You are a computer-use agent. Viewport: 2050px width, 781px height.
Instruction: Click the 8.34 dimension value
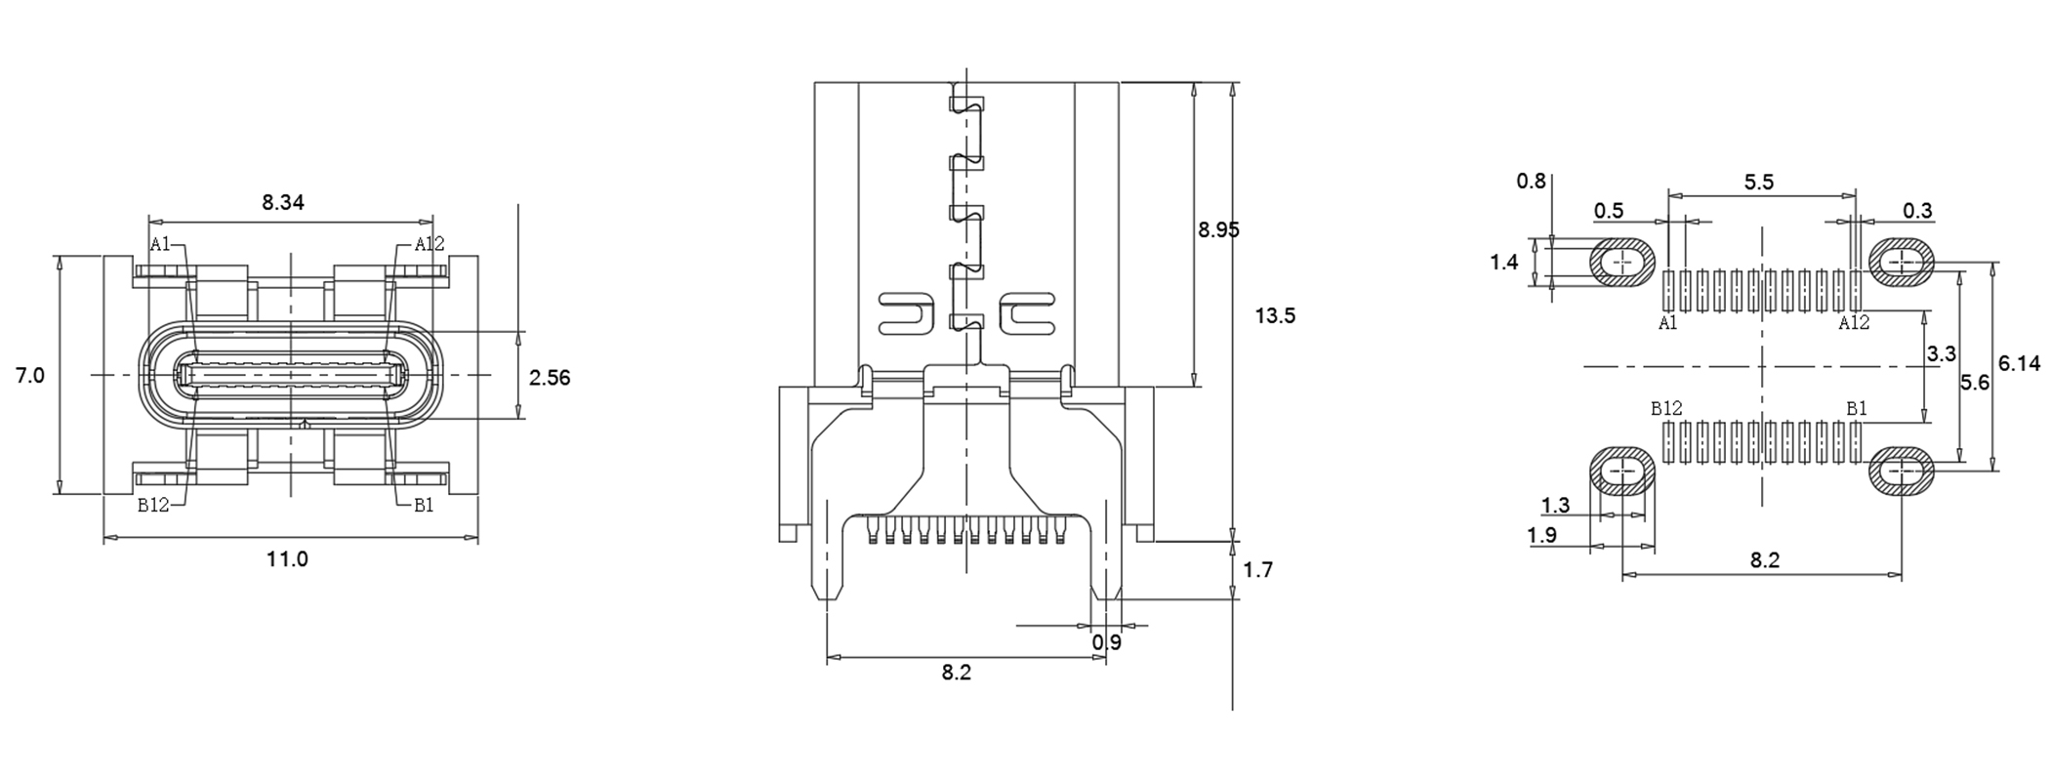(283, 203)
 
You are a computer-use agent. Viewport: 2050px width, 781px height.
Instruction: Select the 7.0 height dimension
(30, 376)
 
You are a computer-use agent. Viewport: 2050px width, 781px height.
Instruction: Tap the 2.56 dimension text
(550, 378)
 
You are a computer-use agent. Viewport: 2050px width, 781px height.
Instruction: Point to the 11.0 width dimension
(287, 559)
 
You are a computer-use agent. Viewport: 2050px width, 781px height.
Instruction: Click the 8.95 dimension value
(1219, 230)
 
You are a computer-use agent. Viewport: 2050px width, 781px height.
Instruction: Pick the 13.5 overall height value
(1275, 316)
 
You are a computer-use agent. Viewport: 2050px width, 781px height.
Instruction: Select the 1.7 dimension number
(1258, 570)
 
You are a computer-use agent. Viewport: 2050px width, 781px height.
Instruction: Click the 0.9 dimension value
(1107, 643)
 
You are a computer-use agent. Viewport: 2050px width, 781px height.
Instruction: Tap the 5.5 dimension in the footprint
(1759, 183)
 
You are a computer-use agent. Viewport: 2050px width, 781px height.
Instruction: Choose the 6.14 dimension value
(2019, 364)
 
